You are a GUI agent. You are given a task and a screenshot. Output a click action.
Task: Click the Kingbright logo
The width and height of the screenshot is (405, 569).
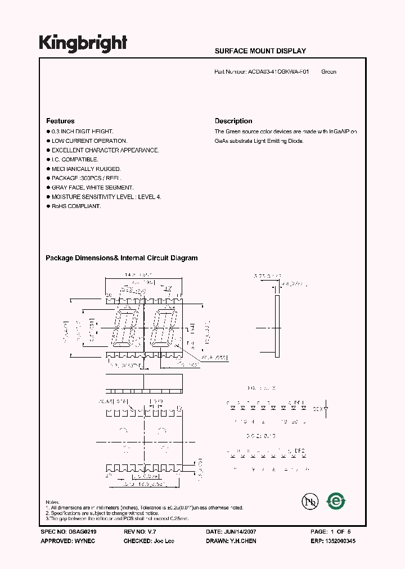[x=83, y=44]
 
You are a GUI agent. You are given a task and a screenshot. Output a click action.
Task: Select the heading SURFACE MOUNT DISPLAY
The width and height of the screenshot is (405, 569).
[x=260, y=51]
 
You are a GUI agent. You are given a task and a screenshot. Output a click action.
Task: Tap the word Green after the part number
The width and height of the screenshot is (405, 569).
[x=328, y=72]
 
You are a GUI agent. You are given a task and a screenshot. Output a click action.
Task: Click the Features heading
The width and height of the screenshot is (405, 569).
[x=60, y=121]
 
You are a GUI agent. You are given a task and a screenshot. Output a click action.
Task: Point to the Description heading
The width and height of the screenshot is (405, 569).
[x=233, y=121]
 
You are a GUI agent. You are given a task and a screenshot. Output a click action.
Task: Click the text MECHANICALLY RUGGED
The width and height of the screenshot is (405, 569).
[x=86, y=169]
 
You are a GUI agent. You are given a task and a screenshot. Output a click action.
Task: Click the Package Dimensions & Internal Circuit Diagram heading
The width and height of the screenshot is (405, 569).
[x=121, y=258]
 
